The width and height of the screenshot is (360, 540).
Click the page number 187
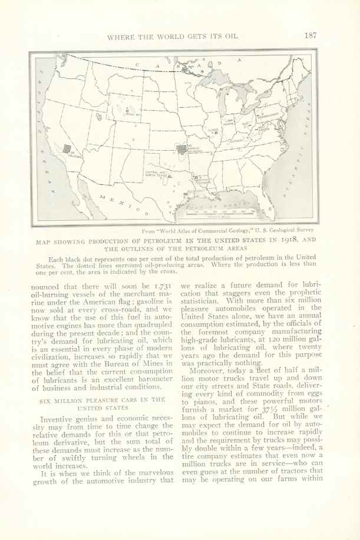(311, 35)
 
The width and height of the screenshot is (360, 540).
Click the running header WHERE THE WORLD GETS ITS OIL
(172, 36)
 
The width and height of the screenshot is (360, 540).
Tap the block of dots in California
(67, 149)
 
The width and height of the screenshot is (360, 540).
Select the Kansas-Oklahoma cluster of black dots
(181, 149)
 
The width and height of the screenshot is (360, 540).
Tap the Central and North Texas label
(155, 173)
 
